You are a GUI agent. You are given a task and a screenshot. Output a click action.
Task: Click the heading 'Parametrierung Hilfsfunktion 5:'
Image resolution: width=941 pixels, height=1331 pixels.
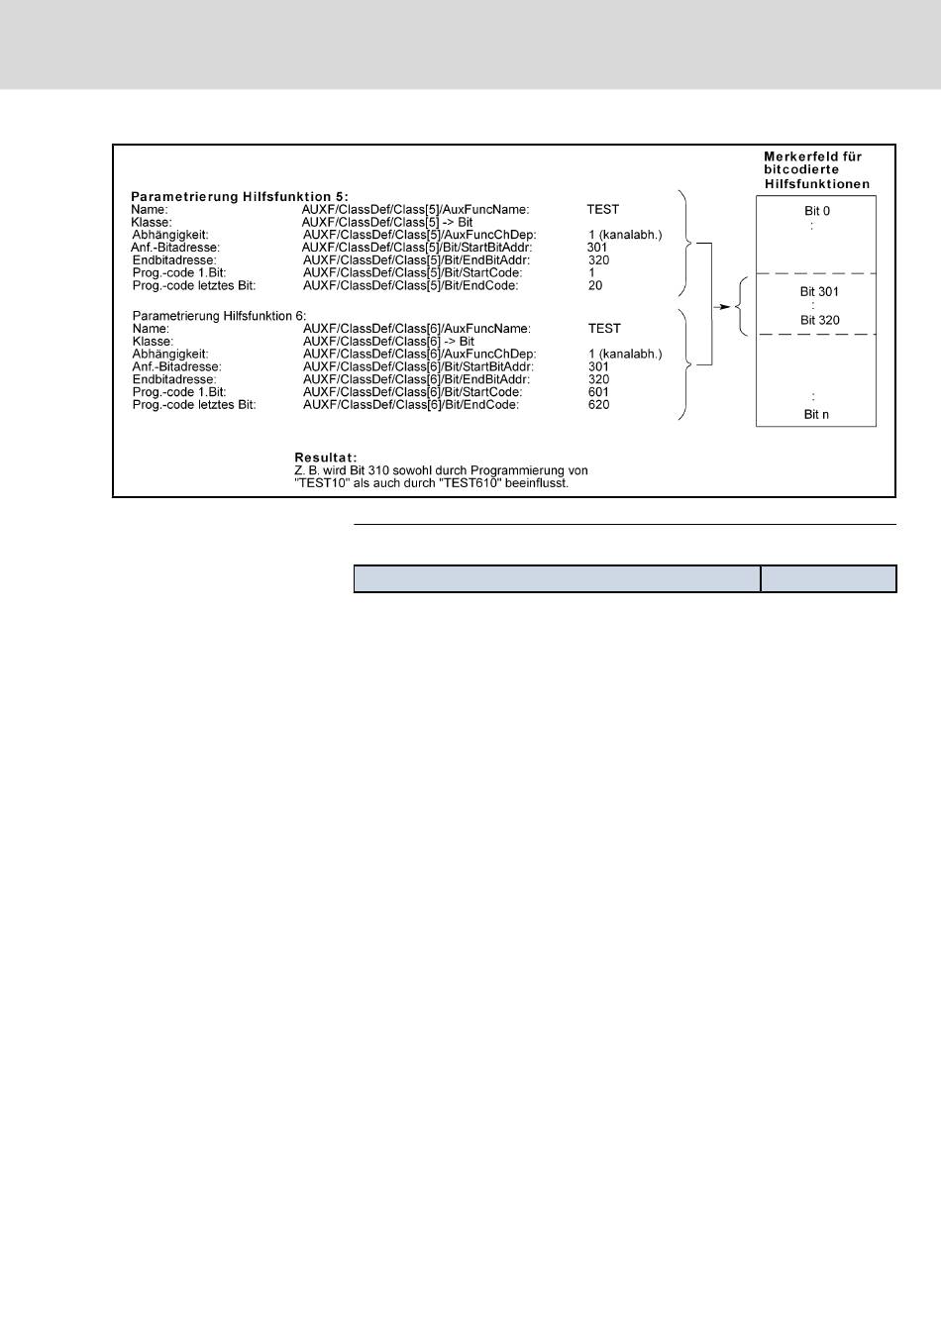pos(240,197)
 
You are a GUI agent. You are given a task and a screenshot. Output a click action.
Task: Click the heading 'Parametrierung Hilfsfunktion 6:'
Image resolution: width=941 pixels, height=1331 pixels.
pos(219,316)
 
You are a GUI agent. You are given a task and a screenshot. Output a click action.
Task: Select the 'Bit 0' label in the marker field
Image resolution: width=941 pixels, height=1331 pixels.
pos(817,212)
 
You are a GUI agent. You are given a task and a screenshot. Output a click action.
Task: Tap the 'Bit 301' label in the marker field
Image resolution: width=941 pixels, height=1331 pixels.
pos(819,292)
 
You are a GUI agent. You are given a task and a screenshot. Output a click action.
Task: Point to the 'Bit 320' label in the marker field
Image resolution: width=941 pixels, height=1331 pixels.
pos(819,321)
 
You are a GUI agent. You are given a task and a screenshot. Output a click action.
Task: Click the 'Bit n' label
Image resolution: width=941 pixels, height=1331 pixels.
pos(816,415)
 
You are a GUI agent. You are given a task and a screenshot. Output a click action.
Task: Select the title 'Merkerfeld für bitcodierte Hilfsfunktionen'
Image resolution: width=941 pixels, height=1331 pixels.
pos(817,170)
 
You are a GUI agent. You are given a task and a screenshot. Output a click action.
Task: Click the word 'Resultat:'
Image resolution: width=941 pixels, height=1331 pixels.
pos(326,458)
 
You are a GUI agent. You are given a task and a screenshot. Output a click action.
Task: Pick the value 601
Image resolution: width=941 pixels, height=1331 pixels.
pos(598,392)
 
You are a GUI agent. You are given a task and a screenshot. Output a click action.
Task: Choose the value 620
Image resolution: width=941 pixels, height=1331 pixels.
pos(598,405)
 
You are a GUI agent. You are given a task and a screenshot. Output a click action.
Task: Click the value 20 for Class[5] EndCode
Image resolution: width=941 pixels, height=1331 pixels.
pos(595,286)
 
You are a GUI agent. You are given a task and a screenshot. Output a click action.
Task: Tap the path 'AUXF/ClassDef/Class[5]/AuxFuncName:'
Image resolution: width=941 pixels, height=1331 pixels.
pos(415,210)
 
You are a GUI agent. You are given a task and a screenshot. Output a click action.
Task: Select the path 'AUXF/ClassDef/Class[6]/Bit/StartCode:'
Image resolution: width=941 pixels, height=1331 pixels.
pos(412,392)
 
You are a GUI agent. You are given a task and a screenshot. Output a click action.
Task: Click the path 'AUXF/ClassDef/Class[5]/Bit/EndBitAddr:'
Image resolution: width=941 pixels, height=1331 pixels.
pos(416,260)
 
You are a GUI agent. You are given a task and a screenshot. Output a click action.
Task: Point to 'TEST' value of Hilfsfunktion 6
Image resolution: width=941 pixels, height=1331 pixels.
pos(604,329)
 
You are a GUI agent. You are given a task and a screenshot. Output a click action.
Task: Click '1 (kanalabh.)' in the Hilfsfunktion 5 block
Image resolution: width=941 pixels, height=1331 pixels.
pos(625,236)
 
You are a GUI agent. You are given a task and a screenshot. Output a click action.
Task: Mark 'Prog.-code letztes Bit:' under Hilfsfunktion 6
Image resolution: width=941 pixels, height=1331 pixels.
pos(194,405)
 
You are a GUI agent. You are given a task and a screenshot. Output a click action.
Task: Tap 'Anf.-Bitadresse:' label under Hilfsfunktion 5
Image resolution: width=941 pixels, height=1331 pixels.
pos(175,248)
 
